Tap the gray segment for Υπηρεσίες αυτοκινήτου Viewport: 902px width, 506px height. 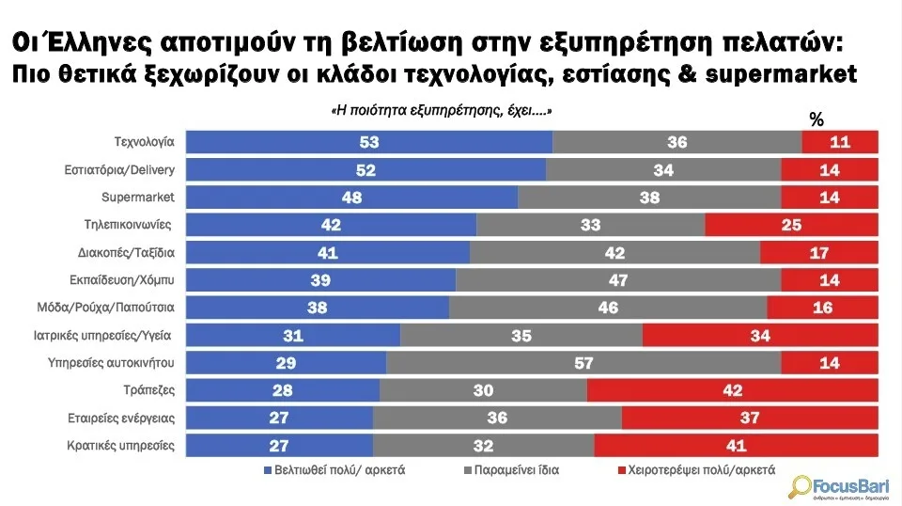(583, 362)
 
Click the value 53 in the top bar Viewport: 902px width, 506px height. (368, 143)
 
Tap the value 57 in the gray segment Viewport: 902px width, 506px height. (583, 363)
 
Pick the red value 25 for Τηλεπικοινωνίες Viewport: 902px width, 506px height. (790, 226)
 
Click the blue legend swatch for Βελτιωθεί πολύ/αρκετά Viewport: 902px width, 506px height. (267, 468)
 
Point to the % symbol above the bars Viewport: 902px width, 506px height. (816, 119)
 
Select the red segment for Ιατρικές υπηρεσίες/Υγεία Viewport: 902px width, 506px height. (759, 335)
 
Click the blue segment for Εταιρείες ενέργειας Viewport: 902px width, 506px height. (280, 418)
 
